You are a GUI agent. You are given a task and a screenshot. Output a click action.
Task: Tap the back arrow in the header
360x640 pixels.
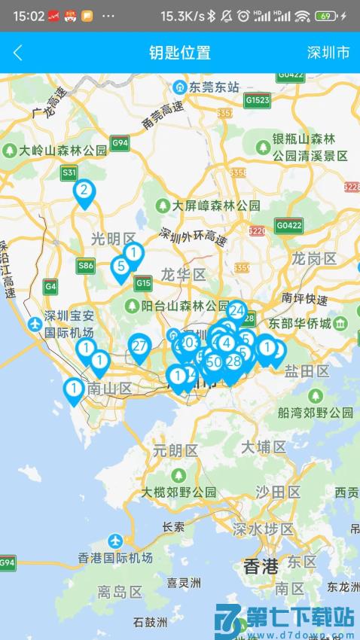(18, 53)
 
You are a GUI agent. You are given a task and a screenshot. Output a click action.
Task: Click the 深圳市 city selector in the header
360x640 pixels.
(328, 53)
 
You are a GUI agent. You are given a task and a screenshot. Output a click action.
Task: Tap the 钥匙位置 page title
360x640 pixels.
(180, 53)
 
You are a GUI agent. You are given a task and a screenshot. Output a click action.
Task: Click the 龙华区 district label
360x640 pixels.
(183, 273)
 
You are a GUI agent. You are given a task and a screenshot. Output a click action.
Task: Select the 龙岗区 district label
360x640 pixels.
(314, 259)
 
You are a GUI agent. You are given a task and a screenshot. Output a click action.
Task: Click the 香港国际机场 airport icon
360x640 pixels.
(114, 541)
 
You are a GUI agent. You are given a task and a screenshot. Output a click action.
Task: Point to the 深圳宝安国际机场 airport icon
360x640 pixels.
(34, 324)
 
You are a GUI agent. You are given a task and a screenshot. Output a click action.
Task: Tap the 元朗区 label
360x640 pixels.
(175, 451)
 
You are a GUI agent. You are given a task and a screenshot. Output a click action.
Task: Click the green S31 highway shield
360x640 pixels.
(69, 172)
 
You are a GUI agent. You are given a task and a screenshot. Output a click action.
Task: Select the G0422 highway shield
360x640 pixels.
(288, 224)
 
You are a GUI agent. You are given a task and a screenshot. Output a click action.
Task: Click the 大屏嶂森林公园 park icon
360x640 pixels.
(163, 205)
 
